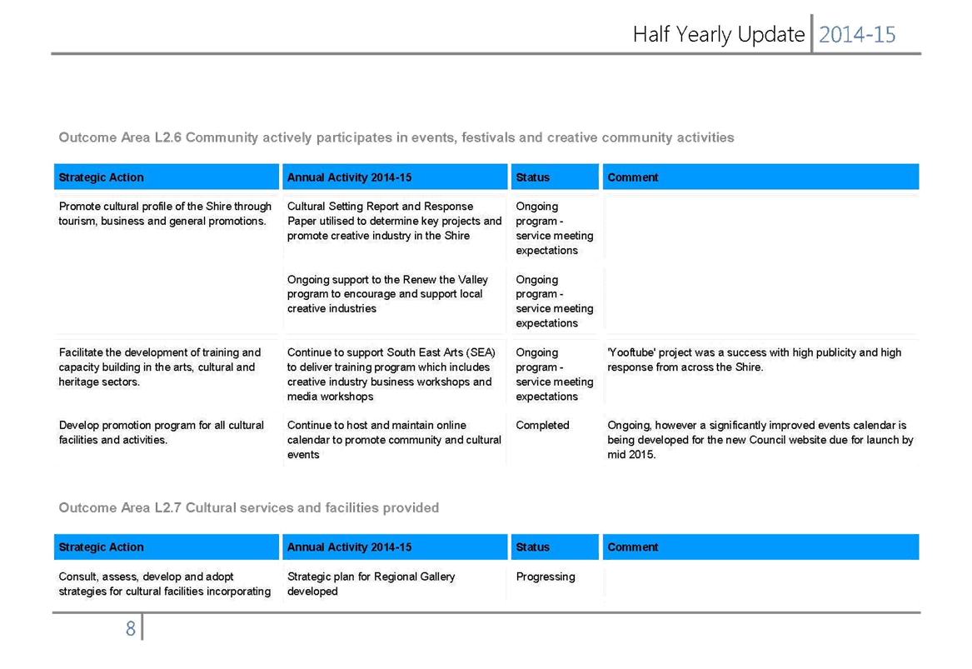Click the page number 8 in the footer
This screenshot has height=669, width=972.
(130, 629)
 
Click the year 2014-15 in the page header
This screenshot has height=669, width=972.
(857, 35)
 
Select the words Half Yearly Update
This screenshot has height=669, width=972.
(719, 35)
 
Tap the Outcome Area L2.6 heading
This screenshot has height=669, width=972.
(396, 137)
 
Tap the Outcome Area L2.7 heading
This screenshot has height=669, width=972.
(248, 508)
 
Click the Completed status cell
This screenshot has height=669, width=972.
(542, 426)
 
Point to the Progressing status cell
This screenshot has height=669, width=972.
(546, 577)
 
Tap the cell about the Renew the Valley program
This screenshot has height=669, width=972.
(387, 294)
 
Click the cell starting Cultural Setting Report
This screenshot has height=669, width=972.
(394, 221)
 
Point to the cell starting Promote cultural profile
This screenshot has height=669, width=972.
(165, 213)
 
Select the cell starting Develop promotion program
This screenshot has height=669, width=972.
(162, 432)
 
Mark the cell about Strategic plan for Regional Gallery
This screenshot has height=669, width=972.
(371, 584)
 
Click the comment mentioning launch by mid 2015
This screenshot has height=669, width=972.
(760, 440)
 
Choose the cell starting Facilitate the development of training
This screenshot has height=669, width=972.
(160, 367)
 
